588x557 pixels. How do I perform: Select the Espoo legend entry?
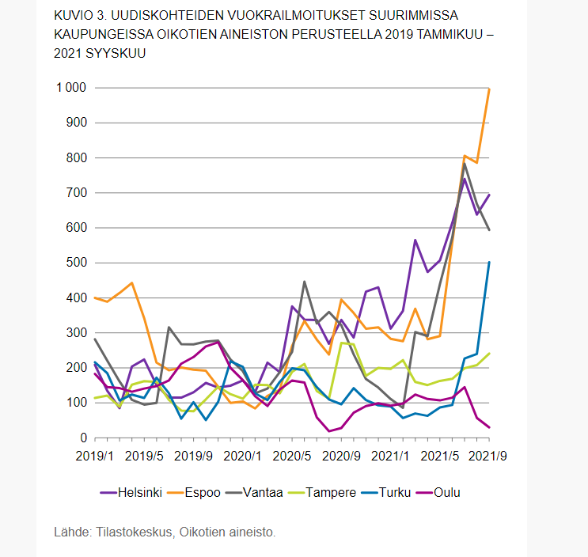[204, 492]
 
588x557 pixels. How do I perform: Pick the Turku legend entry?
[395, 492]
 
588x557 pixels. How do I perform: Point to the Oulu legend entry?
[447, 492]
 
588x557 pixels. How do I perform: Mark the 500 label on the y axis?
[76, 263]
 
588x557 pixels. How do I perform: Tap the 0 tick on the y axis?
[82, 438]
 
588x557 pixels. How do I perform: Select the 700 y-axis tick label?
[76, 193]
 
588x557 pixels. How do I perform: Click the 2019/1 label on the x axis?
[96, 456]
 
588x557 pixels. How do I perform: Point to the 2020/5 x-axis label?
[293, 456]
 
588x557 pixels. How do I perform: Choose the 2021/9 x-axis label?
[488, 456]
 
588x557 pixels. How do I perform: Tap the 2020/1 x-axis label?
[242, 456]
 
